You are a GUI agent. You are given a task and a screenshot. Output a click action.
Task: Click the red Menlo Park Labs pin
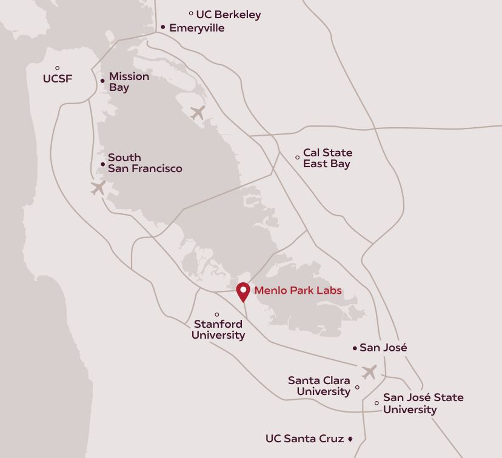243,292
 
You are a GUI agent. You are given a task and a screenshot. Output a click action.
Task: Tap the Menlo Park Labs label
298,290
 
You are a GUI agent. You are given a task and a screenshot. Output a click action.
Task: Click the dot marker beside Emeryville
163,27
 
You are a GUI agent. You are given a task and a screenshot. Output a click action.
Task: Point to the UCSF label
58,78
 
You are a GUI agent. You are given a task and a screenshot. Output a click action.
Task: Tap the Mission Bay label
129,82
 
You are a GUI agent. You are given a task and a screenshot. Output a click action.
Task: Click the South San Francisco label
144,163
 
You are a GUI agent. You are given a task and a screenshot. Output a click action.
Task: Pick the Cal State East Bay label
327,158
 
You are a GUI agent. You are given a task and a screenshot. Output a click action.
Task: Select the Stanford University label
218,330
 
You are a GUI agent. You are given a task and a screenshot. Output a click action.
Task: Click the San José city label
383,348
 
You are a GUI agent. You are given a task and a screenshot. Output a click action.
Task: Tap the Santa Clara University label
319,386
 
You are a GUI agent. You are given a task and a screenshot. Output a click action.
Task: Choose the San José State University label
423,403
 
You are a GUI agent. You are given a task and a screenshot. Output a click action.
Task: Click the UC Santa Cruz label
305,438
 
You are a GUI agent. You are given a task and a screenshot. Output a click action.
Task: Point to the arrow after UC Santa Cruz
350,439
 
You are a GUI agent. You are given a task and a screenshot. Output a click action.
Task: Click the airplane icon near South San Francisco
98,188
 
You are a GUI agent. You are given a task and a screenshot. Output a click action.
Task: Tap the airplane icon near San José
369,371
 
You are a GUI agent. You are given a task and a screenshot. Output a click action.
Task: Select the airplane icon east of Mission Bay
198,113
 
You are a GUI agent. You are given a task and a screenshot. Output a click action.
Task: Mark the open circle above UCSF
58,68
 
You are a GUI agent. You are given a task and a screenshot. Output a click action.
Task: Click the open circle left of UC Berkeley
191,13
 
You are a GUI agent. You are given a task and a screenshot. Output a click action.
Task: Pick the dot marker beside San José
355,348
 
